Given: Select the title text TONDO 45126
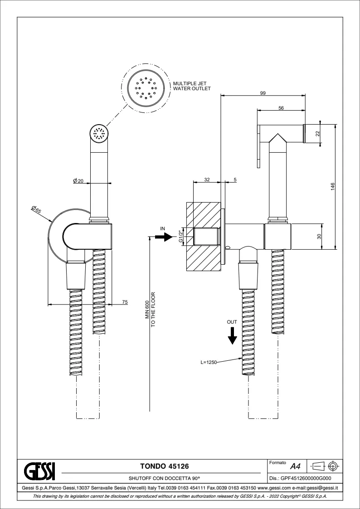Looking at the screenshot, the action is click(164, 466).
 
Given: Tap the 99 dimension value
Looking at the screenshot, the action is click(263, 93).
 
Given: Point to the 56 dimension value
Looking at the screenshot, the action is click(281, 108).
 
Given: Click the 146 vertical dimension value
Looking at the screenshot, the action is click(332, 187).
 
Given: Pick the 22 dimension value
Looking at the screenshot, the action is click(318, 133).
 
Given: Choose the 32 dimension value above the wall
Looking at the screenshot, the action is click(206, 179).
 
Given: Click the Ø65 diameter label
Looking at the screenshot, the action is click(36, 209).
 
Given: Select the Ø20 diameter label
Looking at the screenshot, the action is click(78, 181).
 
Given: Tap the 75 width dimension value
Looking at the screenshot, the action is click(125, 302).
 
